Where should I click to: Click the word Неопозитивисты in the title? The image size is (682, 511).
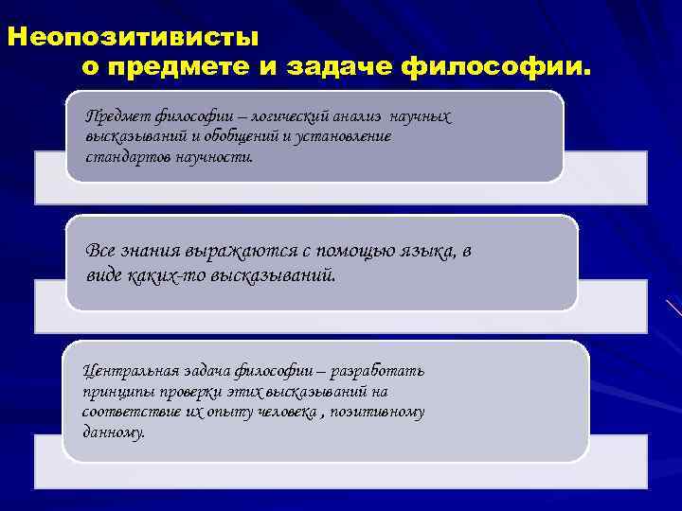(133, 39)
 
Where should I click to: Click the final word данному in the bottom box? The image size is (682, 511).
(114, 433)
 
